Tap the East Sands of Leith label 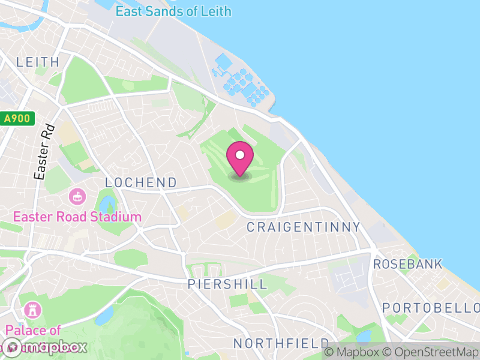tap(173, 11)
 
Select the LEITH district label tap(38, 62)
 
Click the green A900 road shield tap(17, 119)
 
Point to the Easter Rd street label tap(44, 152)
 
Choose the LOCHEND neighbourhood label tap(141, 182)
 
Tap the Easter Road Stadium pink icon tap(77, 196)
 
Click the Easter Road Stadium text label tap(78, 217)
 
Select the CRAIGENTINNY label tap(304, 227)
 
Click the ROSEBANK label tap(408, 264)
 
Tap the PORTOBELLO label tap(431, 307)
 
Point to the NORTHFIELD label tap(281, 343)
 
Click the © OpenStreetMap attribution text tap(429, 352)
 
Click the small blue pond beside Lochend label tap(106, 204)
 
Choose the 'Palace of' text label tap(34, 330)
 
